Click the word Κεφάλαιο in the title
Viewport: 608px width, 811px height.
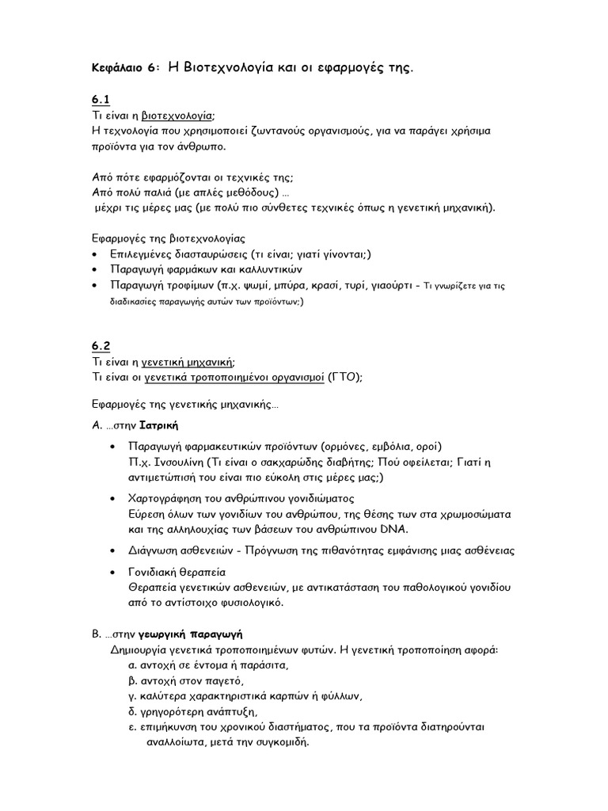pyautogui.click(x=119, y=69)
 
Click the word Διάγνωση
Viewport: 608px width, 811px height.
pyautogui.click(x=158, y=550)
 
